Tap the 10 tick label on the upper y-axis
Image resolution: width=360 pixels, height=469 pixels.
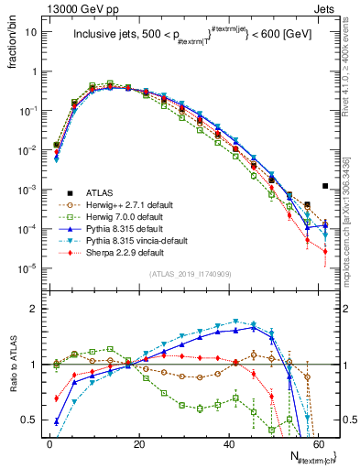pos(29,32)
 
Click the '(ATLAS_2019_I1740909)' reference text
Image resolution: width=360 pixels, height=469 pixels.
pos(189,274)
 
